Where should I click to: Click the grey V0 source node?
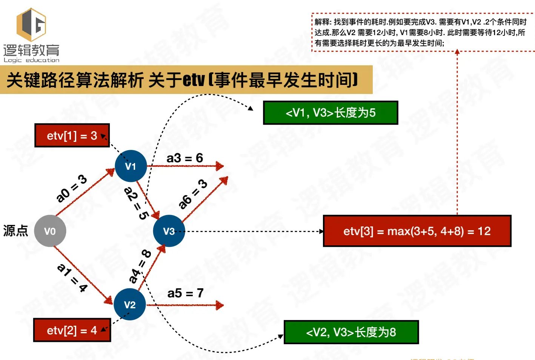click(x=50, y=231)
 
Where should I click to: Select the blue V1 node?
click(x=131, y=166)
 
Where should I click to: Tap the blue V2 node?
click(x=130, y=305)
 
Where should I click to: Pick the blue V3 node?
click(x=169, y=231)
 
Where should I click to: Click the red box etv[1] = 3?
click(x=72, y=135)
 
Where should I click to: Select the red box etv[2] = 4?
click(x=72, y=331)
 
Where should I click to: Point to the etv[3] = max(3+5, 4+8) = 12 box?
click(x=417, y=231)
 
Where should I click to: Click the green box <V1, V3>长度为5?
click(x=331, y=112)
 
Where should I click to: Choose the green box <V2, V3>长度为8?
click(x=351, y=332)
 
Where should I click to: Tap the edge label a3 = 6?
click(x=185, y=158)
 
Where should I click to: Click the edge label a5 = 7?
click(x=185, y=293)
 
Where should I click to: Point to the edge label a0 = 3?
click(x=71, y=188)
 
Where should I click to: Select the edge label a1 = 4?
click(x=72, y=278)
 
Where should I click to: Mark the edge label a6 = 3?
click(x=193, y=194)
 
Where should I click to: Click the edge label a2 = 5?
click(x=136, y=203)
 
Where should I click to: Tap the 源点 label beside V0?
click(x=15, y=231)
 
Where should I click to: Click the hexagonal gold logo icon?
click(x=32, y=25)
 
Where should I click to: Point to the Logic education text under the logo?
click(x=32, y=60)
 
